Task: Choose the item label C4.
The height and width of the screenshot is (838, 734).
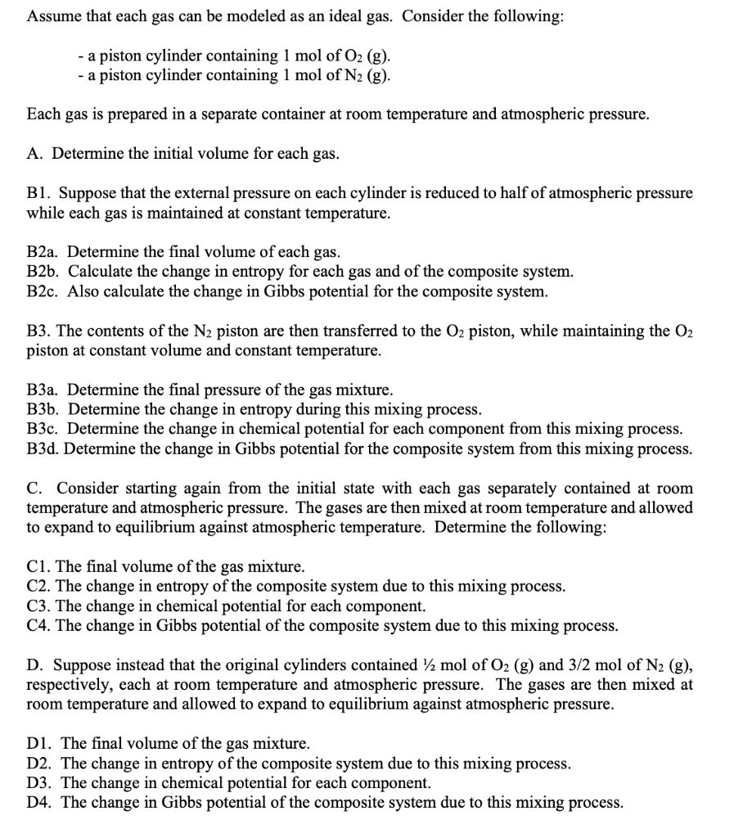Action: click(x=39, y=625)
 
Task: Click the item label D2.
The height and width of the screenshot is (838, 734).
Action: click(x=39, y=763)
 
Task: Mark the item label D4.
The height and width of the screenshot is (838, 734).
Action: click(x=39, y=802)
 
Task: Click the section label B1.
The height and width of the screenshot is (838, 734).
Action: click(x=38, y=193)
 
